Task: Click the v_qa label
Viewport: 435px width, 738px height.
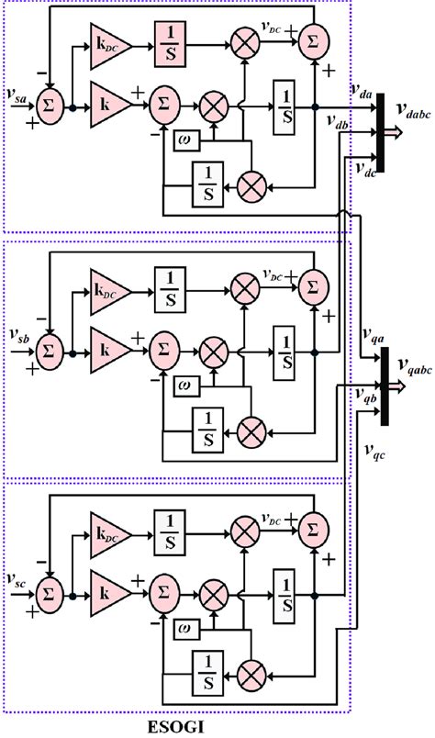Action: click(x=373, y=339)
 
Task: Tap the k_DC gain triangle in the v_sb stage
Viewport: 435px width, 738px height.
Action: click(x=110, y=284)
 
